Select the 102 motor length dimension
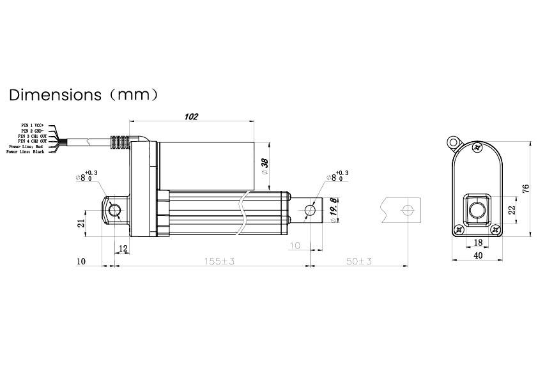pyautogui.click(x=190, y=117)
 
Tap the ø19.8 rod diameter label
pyautogui.click(x=334, y=210)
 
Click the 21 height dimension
pyautogui.click(x=81, y=224)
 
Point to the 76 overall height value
pyautogui.click(x=525, y=188)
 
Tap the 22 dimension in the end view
pyautogui.click(x=511, y=210)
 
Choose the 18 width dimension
pyautogui.click(x=477, y=243)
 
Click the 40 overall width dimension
pyautogui.click(x=477, y=255)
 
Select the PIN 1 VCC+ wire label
pyautogui.click(x=33, y=125)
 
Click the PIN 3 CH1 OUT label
pyautogui.click(x=32, y=136)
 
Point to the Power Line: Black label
pyautogui.click(x=26, y=152)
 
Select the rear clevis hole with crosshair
pyautogui.click(x=114, y=210)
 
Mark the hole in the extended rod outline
pyautogui.click(x=406, y=210)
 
